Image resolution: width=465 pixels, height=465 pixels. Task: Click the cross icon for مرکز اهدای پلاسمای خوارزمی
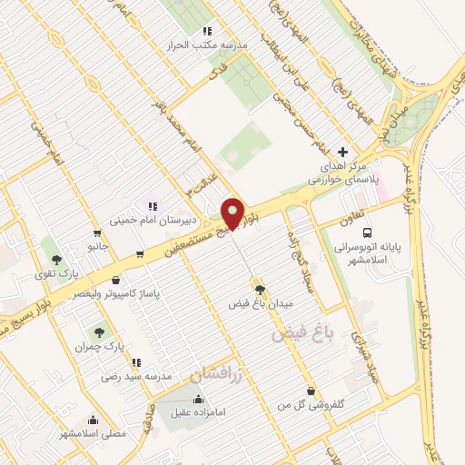[341, 152]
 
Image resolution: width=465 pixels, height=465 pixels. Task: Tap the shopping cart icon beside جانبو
[96, 232]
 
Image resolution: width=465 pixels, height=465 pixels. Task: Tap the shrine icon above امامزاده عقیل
[199, 399]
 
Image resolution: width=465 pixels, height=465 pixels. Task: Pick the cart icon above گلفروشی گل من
[312, 391]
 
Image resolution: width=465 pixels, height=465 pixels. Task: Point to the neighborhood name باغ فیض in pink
[302, 333]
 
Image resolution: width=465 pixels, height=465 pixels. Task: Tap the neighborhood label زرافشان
[218, 373]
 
